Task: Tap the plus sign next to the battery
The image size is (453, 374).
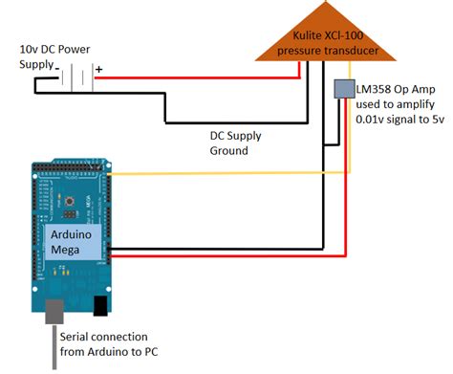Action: pos(98,68)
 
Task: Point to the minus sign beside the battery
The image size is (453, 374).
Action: pos(57,68)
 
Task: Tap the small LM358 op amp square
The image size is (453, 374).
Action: pos(342,88)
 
